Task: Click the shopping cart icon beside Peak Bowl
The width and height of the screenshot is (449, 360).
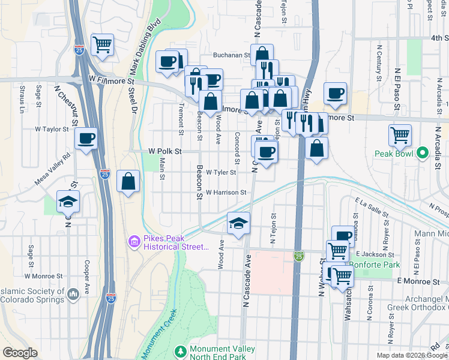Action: tap(400, 135)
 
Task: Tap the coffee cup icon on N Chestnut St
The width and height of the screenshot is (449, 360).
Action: tap(86, 139)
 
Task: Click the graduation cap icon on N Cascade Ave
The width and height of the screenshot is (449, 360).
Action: tap(238, 223)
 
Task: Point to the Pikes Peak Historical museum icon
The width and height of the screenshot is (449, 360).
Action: tap(133, 242)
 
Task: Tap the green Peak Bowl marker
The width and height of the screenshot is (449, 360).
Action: tap(423, 152)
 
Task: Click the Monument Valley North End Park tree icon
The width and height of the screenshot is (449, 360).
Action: tap(179, 350)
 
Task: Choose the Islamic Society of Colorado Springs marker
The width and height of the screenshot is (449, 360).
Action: tap(74, 294)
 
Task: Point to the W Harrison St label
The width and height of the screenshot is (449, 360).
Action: tap(226, 193)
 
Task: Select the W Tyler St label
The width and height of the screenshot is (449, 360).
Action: tap(220, 172)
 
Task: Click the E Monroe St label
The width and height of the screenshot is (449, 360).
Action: tap(418, 281)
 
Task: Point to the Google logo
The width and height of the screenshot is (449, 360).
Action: tap(20, 353)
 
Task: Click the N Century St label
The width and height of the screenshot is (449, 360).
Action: tap(379, 62)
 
